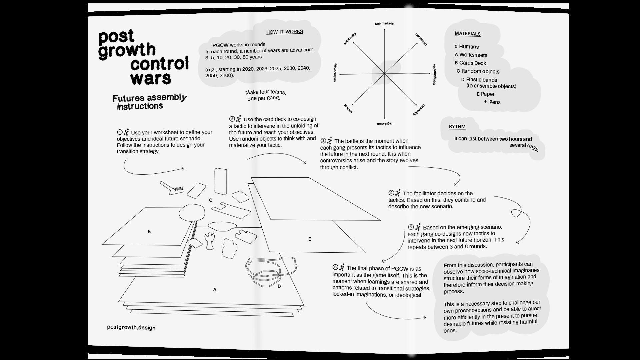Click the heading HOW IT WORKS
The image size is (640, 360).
click(x=284, y=32)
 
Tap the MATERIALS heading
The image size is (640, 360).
click(x=467, y=34)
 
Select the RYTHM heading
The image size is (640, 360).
click(x=457, y=127)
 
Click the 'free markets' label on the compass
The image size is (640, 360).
click(x=384, y=24)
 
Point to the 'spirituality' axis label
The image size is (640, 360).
click(x=350, y=39)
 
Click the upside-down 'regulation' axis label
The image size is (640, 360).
click(x=384, y=124)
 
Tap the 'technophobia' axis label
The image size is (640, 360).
click(x=434, y=74)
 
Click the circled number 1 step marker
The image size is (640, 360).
click(x=120, y=132)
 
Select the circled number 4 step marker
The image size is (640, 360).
click(x=391, y=193)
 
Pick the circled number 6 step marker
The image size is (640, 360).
click(x=335, y=267)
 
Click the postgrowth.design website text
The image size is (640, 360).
click(x=131, y=327)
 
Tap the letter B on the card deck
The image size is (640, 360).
click(x=149, y=231)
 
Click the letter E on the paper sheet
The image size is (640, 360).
click(x=310, y=239)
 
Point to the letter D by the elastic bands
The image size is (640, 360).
click(x=279, y=286)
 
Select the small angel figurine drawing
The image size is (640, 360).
click(x=210, y=241)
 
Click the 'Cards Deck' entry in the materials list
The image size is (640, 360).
click(x=472, y=63)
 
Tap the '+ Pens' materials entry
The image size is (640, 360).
click(x=492, y=102)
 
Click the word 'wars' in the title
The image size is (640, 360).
click(x=151, y=78)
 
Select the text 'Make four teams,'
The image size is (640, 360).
click(x=265, y=92)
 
